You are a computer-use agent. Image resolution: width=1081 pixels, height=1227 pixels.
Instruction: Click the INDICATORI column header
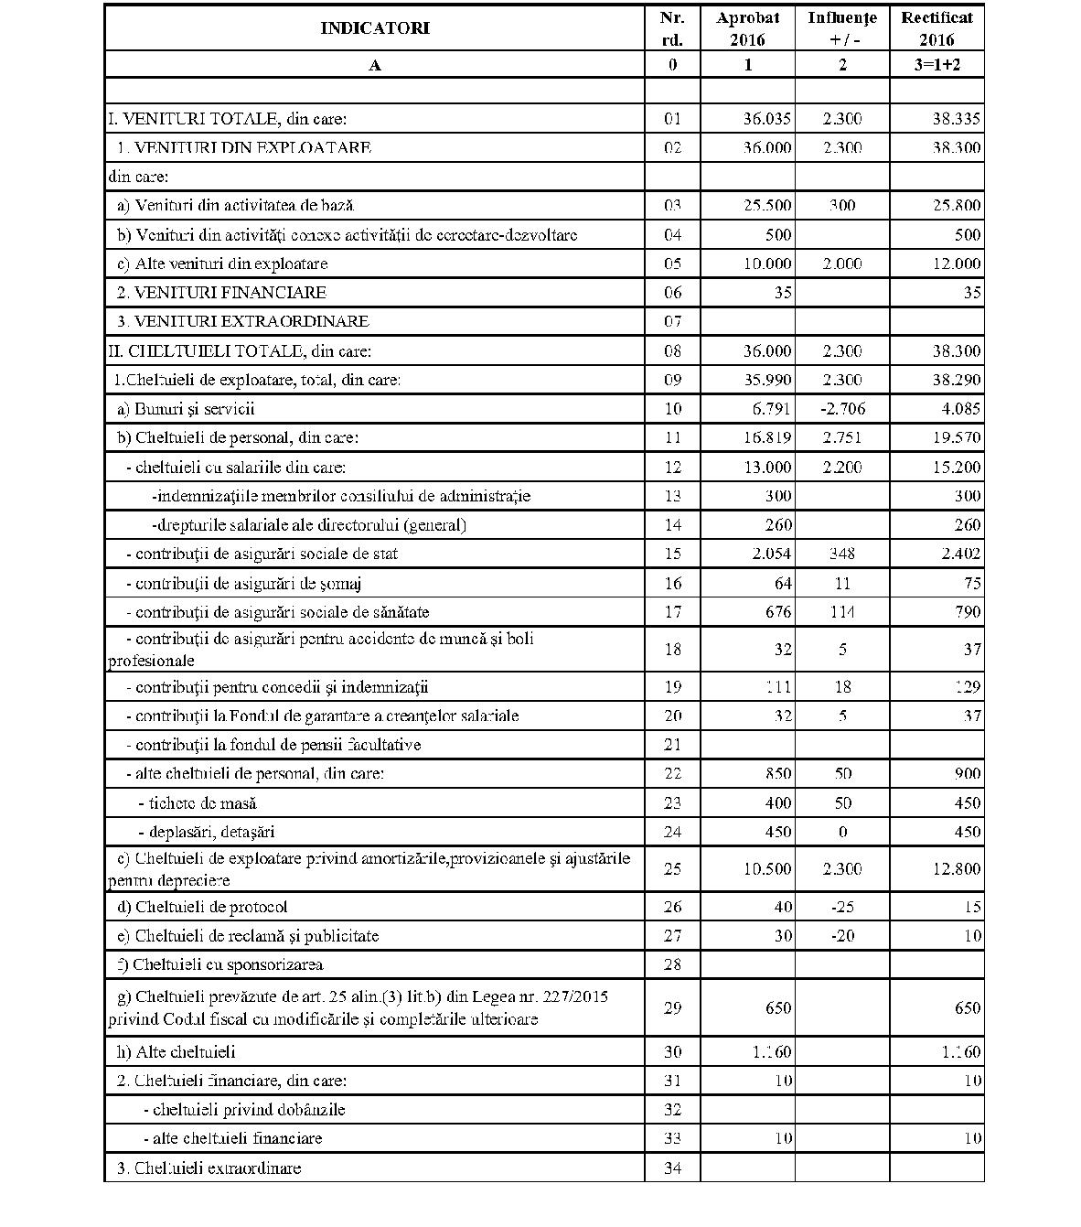[374, 28]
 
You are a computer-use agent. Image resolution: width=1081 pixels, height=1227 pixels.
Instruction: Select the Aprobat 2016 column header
[747, 28]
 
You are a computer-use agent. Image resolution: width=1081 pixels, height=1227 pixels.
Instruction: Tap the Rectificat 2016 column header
[937, 28]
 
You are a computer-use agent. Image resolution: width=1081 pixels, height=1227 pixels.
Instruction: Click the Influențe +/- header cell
[841, 28]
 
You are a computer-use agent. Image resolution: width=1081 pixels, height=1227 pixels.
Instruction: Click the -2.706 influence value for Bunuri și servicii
[842, 409]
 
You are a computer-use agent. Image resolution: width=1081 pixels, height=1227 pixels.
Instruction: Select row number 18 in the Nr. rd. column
[672, 650]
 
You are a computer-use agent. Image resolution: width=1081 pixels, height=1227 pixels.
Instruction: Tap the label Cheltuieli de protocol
[210, 907]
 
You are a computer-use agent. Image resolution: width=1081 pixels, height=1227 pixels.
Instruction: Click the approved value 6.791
[769, 409]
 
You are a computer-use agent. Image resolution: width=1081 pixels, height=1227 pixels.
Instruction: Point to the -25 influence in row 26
[842, 907]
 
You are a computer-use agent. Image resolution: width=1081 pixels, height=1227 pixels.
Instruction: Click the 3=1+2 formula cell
[937, 64]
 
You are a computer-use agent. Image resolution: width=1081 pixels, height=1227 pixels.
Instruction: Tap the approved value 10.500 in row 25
[766, 869]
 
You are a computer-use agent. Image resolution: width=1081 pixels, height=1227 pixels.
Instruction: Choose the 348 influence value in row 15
[842, 554]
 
